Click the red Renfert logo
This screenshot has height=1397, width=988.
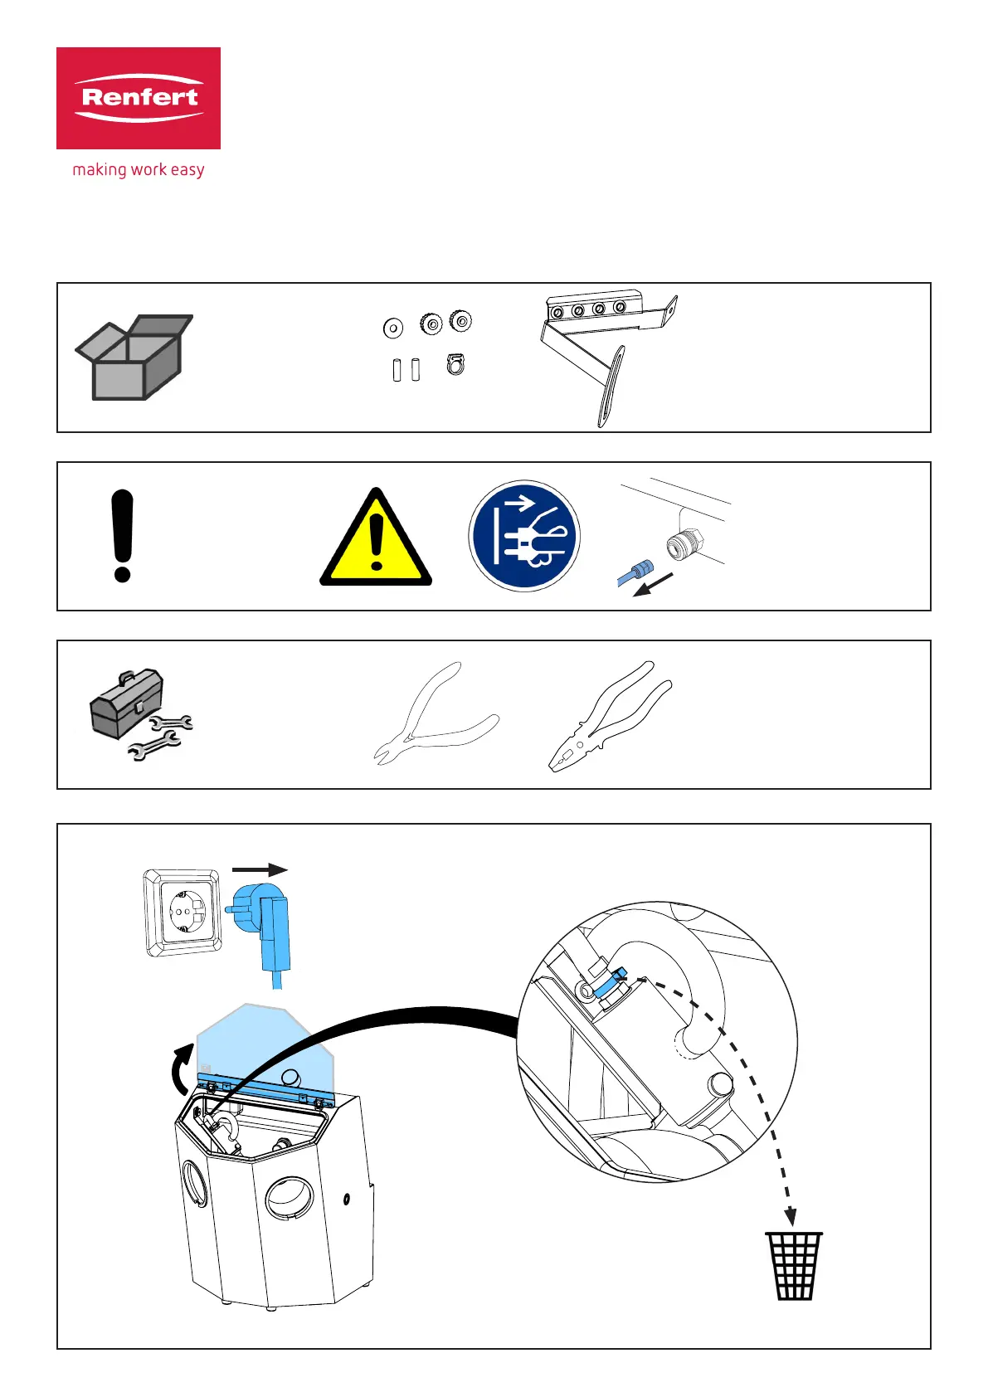139,98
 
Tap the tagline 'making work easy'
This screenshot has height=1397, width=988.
139,170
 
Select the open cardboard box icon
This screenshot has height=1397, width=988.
134,358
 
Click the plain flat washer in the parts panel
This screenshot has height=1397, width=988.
393,328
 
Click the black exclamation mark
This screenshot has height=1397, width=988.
122,536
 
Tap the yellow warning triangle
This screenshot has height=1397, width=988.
376,540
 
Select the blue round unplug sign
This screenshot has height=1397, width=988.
524,536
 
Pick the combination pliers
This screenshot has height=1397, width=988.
610,716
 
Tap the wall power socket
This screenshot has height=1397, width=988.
183,913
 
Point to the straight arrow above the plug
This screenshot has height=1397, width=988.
260,870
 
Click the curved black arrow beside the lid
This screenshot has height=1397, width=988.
181,1071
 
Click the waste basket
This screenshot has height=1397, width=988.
794,1265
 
